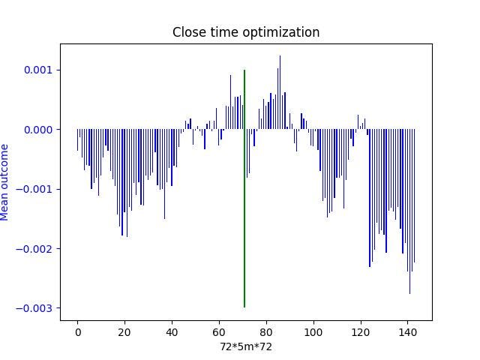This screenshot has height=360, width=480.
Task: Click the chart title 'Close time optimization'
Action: (246, 32)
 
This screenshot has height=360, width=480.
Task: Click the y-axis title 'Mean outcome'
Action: (4, 182)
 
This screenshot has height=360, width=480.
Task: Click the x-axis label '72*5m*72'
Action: (246, 346)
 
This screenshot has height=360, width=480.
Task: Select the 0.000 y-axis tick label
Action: (40, 130)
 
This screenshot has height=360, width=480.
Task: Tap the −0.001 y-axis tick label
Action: (37, 189)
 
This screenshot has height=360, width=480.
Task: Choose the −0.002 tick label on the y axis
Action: (37, 249)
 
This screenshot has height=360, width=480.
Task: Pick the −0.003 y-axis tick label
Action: (37, 308)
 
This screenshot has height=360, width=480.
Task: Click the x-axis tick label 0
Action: (77, 331)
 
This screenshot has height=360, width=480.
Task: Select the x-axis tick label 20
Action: (124, 331)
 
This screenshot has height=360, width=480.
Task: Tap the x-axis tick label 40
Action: (172, 331)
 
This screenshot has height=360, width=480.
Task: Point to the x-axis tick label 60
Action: (219, 331)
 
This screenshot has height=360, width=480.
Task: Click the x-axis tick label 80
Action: (266, 331)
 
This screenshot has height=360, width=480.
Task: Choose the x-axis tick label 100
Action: (313, 331)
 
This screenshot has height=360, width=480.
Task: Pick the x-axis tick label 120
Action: (361, 331)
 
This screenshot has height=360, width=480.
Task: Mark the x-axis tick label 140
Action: (408, 331)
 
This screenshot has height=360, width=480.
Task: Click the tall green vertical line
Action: (244, 187)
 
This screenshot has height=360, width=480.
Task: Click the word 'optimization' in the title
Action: (285, 32)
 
